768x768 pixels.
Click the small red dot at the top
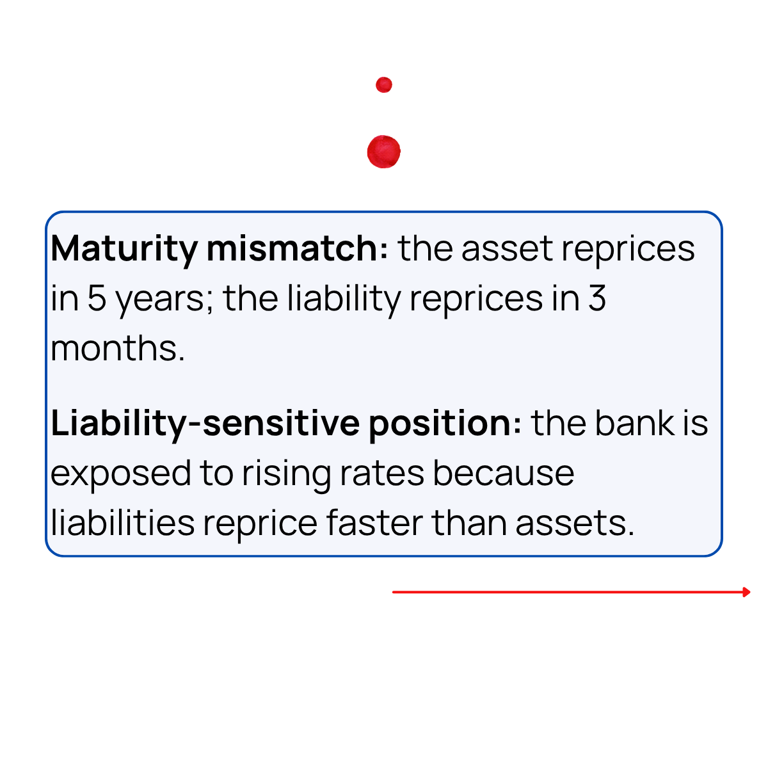tap(384, 84)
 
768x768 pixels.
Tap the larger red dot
tap(384, 152)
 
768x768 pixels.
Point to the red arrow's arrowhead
tap(746, 592)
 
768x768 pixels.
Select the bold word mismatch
tap(297, 248)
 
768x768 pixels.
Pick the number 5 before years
tap(97, 298)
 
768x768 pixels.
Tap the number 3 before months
tap(596, 298)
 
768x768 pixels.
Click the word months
tap(118, 349)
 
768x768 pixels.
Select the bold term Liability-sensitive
tap(205, 424)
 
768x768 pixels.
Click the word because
tap(504, 474)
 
